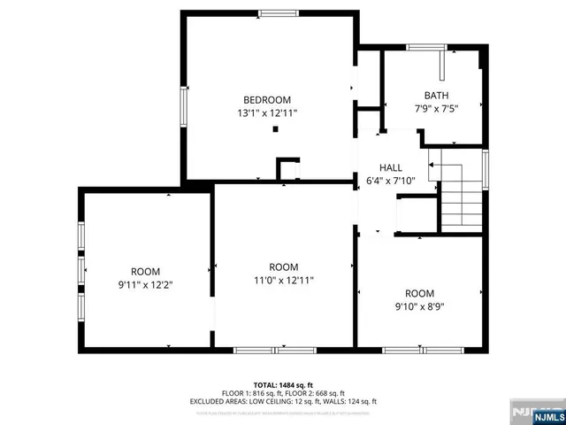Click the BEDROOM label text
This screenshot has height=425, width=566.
tap(267, 100)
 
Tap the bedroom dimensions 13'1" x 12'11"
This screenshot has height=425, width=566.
tap(267, 113)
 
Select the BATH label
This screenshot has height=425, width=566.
tap(436, 96)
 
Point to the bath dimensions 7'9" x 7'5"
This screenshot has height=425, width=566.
tap(436, 109)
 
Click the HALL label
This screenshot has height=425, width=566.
tap(390, 167)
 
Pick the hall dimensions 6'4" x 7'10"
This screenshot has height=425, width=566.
tap(390, 181)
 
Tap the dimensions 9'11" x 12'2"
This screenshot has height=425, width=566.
tap(146, 285)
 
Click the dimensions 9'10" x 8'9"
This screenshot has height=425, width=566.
tap(420, 306)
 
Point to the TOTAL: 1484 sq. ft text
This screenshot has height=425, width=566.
tap(283, 384)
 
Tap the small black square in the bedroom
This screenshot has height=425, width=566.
tap(276, 129)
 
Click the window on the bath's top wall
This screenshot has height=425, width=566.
tap(427, 46)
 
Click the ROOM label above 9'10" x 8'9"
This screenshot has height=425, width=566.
tap(420, 293)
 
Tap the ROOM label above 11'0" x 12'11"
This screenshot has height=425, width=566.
tap(284, 267)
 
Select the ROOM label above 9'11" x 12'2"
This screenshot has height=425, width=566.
tap(146, 272)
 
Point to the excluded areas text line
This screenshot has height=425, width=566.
tap(283, 400)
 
